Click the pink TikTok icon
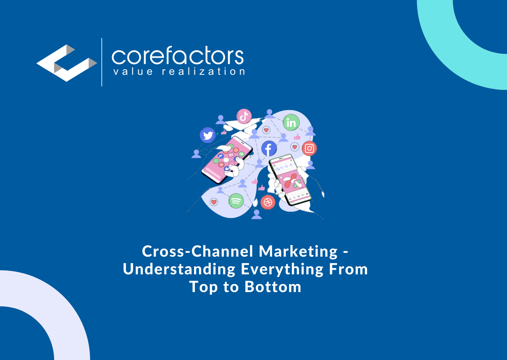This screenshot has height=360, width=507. tap(244, 116)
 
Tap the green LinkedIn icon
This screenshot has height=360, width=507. tap(291, 123)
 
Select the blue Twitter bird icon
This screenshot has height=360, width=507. tap(208, 135)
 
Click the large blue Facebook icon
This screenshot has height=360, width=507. tap(269, 149)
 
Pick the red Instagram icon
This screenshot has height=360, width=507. tap(309, 148)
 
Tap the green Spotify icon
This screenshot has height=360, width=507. tap(236, 201)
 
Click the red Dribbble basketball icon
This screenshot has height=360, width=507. tap(268, 202)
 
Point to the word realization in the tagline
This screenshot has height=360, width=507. tap(203, 71)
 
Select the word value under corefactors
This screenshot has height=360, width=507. tap(133, 71)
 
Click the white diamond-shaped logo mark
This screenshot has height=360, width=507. tap(67, 63)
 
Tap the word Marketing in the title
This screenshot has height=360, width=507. tap(298, 251)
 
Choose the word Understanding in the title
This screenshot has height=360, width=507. tap(179, 269)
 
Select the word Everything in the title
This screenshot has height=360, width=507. tap(282, 269)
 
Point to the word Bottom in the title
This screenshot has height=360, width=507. tap(273, 287)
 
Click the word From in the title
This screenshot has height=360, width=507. tap(348, 269)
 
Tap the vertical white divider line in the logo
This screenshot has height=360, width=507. tap(102, 62)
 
